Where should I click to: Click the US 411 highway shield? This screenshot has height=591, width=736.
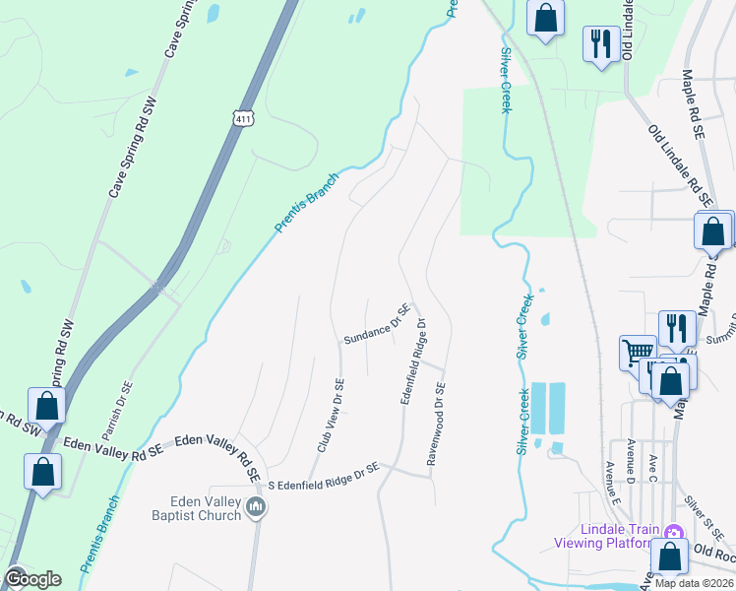coord(242,117)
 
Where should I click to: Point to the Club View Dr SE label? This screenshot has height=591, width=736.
coord(330,416)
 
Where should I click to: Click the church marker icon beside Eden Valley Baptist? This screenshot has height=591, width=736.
coord(257,508)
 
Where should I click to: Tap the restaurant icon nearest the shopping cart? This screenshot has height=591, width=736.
coord(675,328)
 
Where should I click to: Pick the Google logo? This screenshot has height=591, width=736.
coord(32,579)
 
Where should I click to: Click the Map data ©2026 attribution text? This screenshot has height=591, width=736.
coord(694,583)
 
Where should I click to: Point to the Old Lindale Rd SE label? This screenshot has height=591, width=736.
coord(680,164)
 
